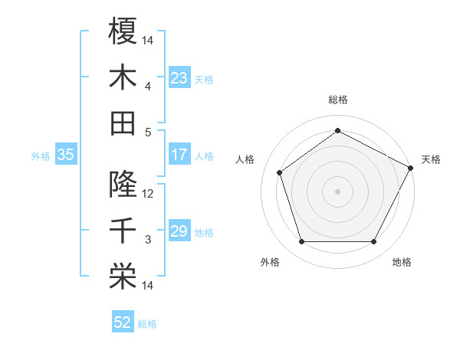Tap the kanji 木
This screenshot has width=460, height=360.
pyautogui.click(x=123, y=77)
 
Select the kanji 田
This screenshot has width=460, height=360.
pyautogui.click(x=123, y=123)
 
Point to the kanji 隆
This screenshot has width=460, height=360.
pyautogui.click(x=123, y=184)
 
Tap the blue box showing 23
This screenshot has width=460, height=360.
pyautogui.click(x=179, y=78)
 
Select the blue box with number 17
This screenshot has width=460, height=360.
pyautogui.click(x=179, y=155)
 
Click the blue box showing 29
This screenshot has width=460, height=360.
pyautogui.click(x=179, y=231)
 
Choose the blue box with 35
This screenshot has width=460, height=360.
pyautogui.click(x=66, y=155)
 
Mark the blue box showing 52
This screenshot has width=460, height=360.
pyautogui.click(x=123, y=322)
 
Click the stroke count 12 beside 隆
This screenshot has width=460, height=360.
pyautogui.click(x=149, y=194)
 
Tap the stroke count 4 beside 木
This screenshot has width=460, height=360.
pyautogui.click(x=149, y=87)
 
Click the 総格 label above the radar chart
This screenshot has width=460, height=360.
pyautogui.click(x=338, y=100)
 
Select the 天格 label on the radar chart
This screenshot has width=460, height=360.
pyautogui.click(x=431, y=159)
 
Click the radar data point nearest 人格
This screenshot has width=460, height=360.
pyautogui.click(x=280, y=172)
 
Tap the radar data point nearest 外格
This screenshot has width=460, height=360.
pyautogui.click(x=302, y=242)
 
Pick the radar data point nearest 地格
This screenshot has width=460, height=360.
pyautogui.click(x=374, y=242)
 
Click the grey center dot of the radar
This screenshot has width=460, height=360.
pyautogui.click(x=338, y=191)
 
